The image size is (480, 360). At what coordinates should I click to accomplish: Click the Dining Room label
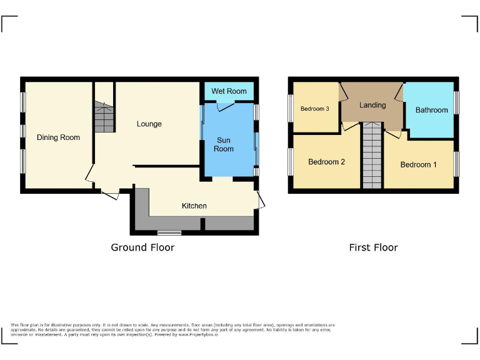click(x=58, y=137)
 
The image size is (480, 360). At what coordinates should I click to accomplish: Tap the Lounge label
click(x=149, y=124)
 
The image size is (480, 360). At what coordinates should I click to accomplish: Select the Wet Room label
click(x=229, y=91)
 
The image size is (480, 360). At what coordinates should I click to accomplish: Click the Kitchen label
click(x=194, y=206)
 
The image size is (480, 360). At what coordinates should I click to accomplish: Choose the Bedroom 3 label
click(x=314, y=109)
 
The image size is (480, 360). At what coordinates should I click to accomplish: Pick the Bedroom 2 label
click(x=326, y=162)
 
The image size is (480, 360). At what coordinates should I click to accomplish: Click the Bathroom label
click(x=432, y=110)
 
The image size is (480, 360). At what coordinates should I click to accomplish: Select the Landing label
click(x=372, y=105)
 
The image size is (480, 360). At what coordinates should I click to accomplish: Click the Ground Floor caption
click(x=142, y=247)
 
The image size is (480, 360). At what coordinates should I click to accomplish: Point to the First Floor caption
click(x=373, y=247)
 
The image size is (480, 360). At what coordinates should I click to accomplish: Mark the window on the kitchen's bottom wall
click(x=169, y=233)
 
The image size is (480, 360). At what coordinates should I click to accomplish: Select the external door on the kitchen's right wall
click(x=260, y=200)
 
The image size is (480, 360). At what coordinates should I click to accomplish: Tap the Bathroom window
click(x=456, y=103)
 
